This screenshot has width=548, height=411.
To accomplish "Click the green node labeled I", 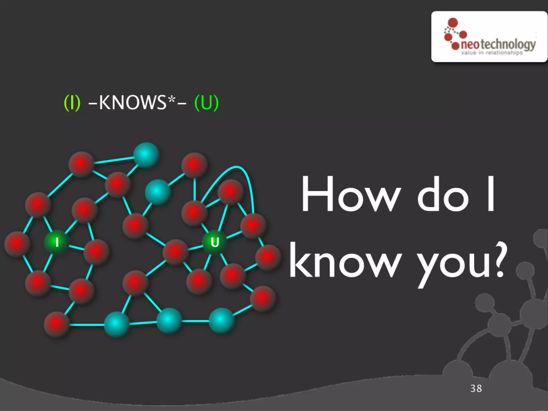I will [x=57, y=242].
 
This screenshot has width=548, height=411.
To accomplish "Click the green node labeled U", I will [x=215, y=242].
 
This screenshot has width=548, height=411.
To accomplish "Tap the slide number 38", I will [x=476, y=388].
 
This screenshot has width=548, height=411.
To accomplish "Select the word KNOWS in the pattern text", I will [x=133, y=102].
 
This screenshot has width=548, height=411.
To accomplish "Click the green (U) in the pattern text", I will [x=207, y=102].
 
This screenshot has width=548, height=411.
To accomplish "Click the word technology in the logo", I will [x=508, y=44].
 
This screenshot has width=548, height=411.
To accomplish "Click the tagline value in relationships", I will [x=492, y=53].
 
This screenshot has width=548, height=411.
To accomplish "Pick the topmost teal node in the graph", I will [x=146, y=155].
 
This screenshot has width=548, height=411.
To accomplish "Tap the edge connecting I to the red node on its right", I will [x=76, y=247].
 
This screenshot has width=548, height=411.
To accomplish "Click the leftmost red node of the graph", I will [x=17, y=244].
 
